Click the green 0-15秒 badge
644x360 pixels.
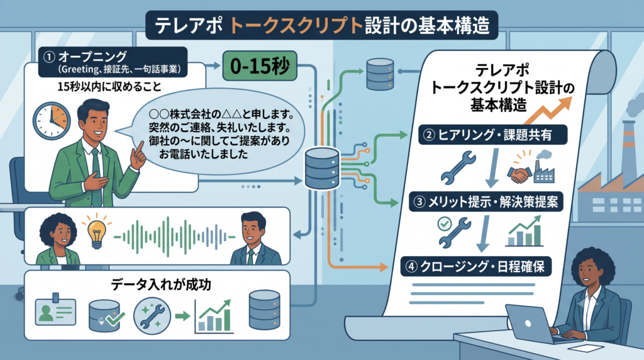click(260, 65)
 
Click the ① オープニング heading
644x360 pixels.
click(92, 56)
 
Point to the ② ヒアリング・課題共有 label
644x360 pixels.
click(493, 135)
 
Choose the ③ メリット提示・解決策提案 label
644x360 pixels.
click(486, 202)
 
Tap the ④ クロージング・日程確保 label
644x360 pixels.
click(475, 266)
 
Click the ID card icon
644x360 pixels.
click(55, 310)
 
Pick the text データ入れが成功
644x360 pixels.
click(160, 284)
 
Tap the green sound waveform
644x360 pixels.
click(174, 237)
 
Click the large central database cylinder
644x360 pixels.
click(322, 168)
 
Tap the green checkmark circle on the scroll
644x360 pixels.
click(444, 223)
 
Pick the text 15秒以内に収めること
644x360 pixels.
click(109, 87)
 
